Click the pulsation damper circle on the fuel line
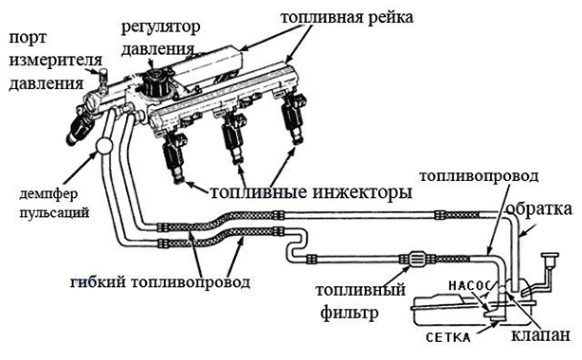click(103, 146)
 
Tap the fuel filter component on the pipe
click(418, 259)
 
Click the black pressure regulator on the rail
click(155, 84)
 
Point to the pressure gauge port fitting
click(102, 79)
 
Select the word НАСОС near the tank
click(469, 285)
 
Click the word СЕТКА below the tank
click(448, 337)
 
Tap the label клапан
click(540, 334)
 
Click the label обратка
click(538, 208)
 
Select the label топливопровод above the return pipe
click(479, 176)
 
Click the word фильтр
click(349, 314)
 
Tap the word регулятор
click(161, 27)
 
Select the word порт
click(27, 38)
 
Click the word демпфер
click(48, 193)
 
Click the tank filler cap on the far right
click(550, 257)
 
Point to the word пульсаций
click(54, 213)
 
